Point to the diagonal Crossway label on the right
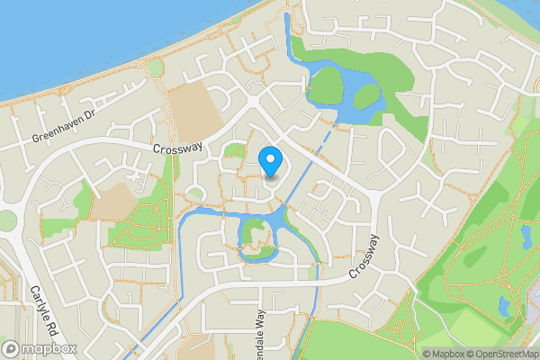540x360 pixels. [x=365, y=255]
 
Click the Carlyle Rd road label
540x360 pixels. [x=42, y=310]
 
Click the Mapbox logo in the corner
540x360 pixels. [x=40, y=348]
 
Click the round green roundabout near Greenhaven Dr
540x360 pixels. [x=156, y=68]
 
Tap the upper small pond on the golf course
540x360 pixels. [x=526, y=236]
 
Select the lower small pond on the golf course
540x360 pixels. [x=504, y=308]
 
